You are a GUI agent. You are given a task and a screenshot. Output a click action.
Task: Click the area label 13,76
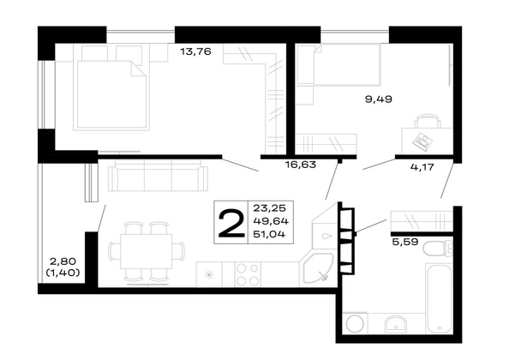[195, 51]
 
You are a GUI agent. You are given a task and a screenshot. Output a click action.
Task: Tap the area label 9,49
[379, 99]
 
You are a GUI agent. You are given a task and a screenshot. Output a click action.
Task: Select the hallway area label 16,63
[301, 165]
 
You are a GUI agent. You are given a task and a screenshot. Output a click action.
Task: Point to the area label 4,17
[422, 167]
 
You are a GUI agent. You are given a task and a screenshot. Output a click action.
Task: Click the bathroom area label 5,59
[404, 242]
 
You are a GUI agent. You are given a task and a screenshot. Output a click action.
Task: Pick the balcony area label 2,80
[63, 261]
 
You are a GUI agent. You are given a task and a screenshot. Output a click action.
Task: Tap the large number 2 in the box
[231, 223]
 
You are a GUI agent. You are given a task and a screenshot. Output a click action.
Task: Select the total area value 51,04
[269, 234]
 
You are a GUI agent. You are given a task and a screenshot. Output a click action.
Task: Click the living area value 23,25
[268, 207]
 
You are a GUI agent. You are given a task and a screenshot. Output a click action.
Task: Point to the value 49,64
[271, 221]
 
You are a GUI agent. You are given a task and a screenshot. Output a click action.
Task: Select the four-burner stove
[248, 274]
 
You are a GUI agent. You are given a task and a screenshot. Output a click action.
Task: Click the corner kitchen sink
[316, 269]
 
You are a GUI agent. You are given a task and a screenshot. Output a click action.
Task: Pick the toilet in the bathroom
[437, 249]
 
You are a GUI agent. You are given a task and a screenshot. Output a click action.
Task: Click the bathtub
[439, 297]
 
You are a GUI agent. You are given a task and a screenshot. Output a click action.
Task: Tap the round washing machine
[355, 324]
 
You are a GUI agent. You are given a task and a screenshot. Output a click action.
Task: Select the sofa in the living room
[158, 178]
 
